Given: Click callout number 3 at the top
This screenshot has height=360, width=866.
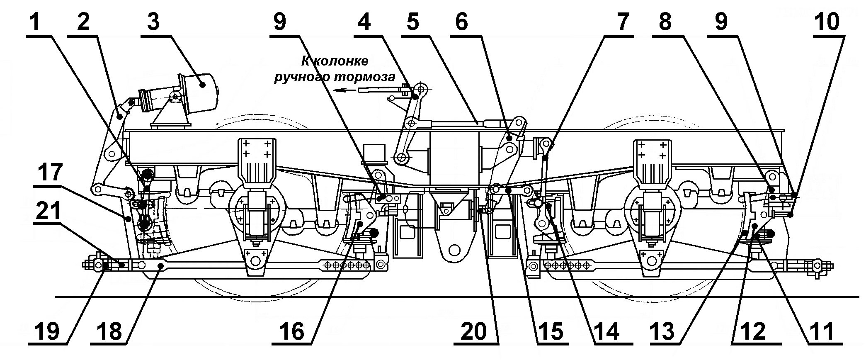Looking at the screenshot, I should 153,22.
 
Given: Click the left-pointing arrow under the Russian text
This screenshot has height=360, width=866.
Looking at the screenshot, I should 344,90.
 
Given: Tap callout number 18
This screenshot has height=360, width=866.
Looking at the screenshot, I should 109,332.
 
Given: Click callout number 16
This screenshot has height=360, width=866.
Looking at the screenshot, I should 297,332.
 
